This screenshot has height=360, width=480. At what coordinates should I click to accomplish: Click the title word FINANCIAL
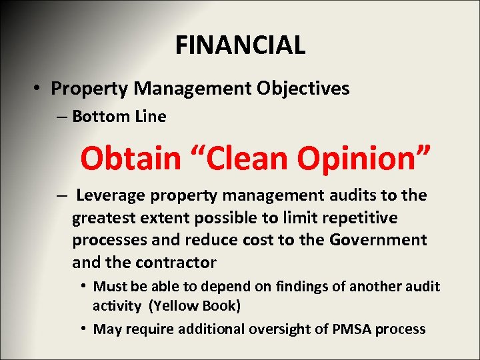(x=240, y=45)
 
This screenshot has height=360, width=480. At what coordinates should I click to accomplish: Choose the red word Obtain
(x=131, y=159)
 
